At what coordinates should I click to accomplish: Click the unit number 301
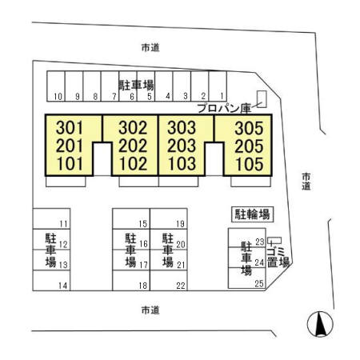coord(70,127)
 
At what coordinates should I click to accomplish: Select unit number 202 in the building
coord(133,146)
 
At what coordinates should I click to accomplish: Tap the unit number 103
coord(182,163)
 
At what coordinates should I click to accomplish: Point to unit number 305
coord(249,128)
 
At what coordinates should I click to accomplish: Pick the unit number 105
coord(250,164)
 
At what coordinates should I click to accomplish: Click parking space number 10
coord(58,96)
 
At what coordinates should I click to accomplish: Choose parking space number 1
coord(222,96)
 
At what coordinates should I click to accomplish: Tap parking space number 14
coord(62,286)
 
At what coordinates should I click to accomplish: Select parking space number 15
coord(143,224)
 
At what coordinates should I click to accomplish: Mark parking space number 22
coord(181,286)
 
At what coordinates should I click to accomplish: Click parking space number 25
coord(259,283)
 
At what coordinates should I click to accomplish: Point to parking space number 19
coord(181,224)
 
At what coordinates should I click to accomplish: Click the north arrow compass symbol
coord(320,324)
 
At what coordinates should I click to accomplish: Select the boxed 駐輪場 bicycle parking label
coord(252,214)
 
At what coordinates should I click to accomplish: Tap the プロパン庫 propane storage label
coord(224,108)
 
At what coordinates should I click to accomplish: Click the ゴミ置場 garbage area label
coord(278,257)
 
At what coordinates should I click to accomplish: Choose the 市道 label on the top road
coord(150,48)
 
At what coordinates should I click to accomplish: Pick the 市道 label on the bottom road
coord(150,310)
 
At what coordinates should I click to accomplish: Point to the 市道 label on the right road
coord(306,182)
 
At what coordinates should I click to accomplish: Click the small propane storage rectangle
coord(262,99)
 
